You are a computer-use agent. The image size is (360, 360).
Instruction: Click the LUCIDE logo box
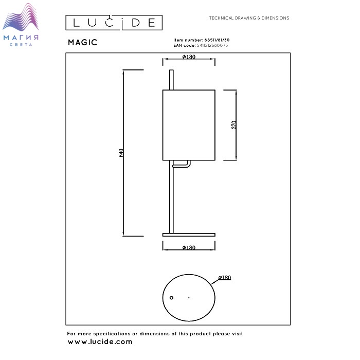pyautogui.click(x=114, y=23)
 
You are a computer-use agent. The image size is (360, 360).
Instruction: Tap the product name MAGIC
pyautogui.click(x=82, y=43)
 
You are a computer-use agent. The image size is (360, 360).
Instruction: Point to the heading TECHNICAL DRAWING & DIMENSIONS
pyautogui.click(x=249, y=18)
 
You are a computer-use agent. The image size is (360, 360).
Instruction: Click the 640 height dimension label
pyautogui.click(x=121, y=153)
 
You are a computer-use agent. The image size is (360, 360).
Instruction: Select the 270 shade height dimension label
pyautogui.click(x=234, y=125)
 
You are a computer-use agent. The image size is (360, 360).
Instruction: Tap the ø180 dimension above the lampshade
pyautogui.click(x=189, y=57)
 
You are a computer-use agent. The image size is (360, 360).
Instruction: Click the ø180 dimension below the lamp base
pyautogui.click(x=189, y=248)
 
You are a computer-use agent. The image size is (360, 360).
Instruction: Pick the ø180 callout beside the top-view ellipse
pyautogui.click(x=224, y=278)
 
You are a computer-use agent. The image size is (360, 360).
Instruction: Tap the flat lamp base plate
pyautogui.click(x=188, y=235)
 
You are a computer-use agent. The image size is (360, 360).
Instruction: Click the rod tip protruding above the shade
pyautogui.click(x=172, y=80)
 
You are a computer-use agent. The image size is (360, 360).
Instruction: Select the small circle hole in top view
pyautogui.click(x=172, y=298)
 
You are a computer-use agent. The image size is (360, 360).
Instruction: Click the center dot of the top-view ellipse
pyautogui.click(x=189, y=298)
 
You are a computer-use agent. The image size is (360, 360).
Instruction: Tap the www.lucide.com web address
pyautogui.click(x=100, y=341)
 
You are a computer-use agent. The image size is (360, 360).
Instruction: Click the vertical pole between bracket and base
pyautogui.click(x=172, y=201)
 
